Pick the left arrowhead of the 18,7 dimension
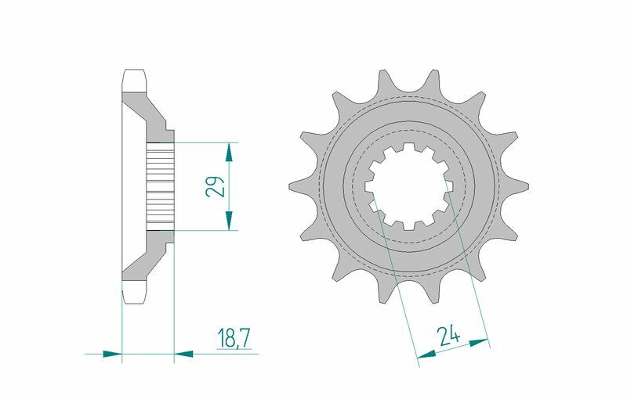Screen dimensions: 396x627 coord(114,353)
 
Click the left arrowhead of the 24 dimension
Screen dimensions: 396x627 coord(426,356)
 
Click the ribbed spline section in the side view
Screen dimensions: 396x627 coord(159,186)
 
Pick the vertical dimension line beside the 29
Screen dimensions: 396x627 coord(229,186)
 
